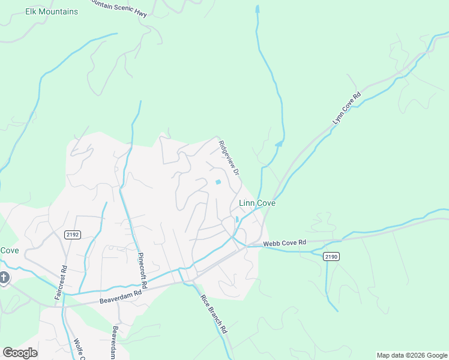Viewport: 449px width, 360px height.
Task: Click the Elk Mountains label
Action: click(52, 11)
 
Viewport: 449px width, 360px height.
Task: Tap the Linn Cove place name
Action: click(257, 203)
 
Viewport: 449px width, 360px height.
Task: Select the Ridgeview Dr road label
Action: click(229, 158)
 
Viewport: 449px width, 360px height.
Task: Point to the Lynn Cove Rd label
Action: click(347, 109)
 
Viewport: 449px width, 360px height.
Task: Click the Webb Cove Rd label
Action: click(285, 242)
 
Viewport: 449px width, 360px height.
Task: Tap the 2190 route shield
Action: click(331, 256)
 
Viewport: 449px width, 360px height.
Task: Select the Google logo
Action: click(20, 353)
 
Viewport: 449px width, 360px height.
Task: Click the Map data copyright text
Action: click(411, 355)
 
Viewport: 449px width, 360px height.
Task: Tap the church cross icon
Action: click(4, 277)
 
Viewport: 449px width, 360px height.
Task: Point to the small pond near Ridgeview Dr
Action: click(218, 182)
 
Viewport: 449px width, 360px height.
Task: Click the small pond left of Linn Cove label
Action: click(237, 219)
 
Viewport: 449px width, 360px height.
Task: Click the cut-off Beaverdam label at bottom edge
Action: click(114, 343)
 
